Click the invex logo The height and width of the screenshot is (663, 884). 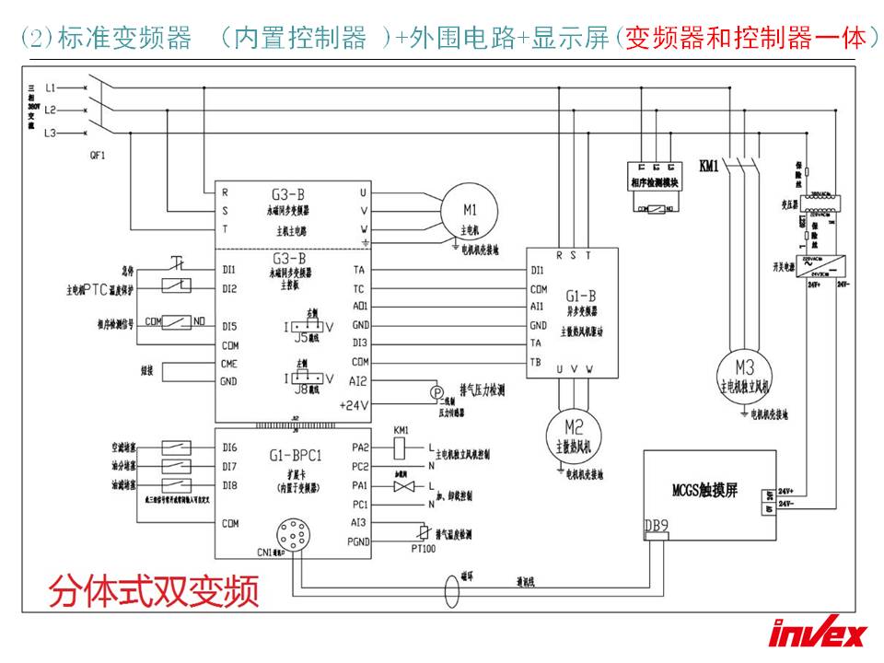coord(818,634)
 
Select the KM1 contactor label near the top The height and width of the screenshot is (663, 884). coord(709,166)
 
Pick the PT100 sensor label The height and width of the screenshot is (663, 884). coord(423,549)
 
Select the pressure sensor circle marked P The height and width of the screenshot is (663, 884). coord(437,393)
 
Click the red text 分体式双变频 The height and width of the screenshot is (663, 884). coord(153,590)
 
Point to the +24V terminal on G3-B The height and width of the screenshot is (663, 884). coord(354,404)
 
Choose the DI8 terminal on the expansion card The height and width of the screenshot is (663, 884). coord(229,484)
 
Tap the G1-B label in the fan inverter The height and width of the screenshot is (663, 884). coord(580,296)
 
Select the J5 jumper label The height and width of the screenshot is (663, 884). coord(301,337)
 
